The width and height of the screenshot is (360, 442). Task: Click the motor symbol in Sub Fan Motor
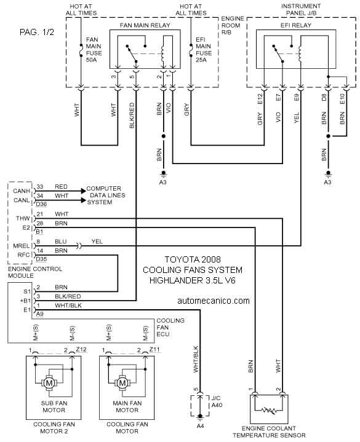click(49, 383)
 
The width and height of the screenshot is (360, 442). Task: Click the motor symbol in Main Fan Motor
click(122, 383)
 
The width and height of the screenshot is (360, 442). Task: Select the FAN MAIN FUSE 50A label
click(94, 50)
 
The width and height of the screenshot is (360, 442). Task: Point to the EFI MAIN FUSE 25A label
click(204, 50)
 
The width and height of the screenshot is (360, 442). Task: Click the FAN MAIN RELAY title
click(145, 25)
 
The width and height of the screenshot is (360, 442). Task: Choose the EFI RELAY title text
click(295, 25)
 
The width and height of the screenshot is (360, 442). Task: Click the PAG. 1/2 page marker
click(37, 32)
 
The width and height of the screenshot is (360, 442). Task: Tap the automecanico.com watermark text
click(214, 301)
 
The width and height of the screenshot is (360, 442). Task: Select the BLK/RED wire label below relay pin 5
click(132, 116)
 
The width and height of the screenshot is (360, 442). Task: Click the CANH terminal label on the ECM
click(22, 191)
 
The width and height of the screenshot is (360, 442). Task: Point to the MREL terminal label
click(22, 246)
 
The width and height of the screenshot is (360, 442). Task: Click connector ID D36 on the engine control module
click(41, 204)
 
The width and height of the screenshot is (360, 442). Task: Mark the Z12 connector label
click(81, 350)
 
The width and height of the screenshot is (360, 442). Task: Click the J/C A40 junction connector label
click(217, 401)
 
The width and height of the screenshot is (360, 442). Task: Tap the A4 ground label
click(200, 426)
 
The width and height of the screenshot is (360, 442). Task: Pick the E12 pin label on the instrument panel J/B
click(260, 99)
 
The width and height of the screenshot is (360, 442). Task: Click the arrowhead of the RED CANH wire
click(83, 191)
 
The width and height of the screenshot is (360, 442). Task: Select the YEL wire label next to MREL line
click(97, 242)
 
